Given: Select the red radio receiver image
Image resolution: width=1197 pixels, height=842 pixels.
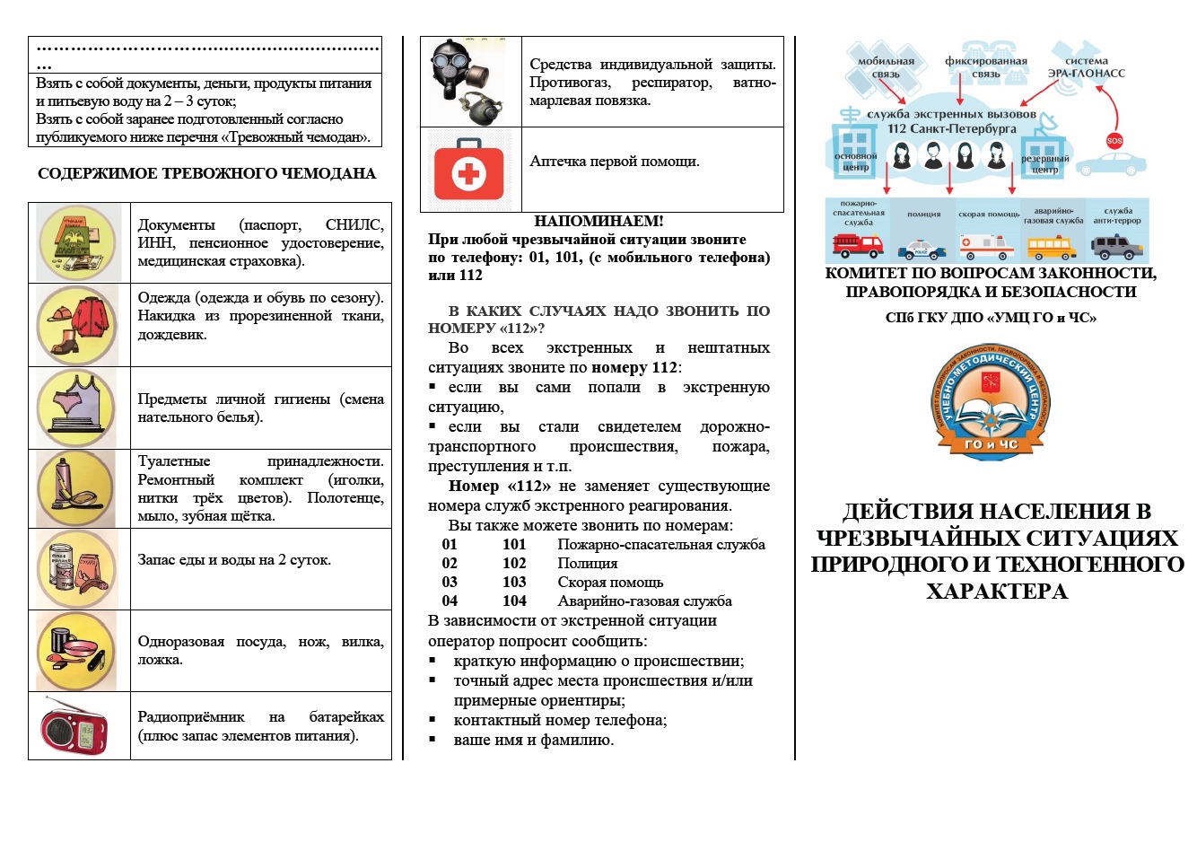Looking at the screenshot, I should click(74, 726).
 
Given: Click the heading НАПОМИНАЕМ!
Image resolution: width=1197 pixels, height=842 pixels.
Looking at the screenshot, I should click(598, 221).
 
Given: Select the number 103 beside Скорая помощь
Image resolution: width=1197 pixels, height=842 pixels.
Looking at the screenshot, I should click(514, 582).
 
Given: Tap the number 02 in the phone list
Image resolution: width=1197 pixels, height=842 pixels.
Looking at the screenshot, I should click(450, 563).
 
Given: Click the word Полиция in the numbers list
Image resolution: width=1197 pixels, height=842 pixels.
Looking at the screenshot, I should click(587, 563).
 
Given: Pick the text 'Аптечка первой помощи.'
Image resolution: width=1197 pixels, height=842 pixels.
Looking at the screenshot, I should click(615, 162).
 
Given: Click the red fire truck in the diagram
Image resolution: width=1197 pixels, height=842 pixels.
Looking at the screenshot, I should click(857, 244).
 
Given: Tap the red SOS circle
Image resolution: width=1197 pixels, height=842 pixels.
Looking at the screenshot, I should click(1114, 140).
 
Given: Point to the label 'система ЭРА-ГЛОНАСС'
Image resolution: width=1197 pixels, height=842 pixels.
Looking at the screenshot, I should click(1086, 67).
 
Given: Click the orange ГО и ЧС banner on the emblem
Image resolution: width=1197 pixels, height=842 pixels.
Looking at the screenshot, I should click(990, 443).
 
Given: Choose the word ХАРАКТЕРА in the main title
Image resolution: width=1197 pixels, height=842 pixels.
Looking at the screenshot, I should click(997, 592).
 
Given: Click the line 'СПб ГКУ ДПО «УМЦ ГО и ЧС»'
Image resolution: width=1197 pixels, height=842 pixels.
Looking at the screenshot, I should click(991, 318).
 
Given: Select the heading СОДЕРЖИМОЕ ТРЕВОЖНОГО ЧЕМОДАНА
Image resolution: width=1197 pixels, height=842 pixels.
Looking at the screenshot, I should click(206, 174).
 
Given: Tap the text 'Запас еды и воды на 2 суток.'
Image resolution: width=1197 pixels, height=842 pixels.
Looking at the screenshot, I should click(234, 560).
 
